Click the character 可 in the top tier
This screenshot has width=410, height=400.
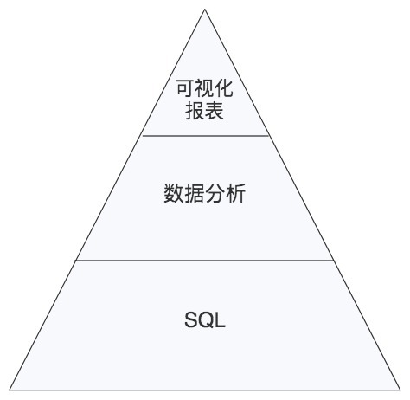point(185,88)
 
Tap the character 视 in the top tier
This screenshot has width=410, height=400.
point(204,88)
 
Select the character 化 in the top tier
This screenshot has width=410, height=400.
point(224,88)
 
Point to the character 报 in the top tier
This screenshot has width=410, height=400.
point(195,111)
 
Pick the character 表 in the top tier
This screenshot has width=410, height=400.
point(214,111)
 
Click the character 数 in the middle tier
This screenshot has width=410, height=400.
point(173,193)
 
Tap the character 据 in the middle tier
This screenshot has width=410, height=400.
point(194,193)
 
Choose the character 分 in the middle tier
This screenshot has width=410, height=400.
point(215,193)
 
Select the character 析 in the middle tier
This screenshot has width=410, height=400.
point(236,193)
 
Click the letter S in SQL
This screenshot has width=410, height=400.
point(191,319)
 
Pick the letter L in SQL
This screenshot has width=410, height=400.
point(220,319)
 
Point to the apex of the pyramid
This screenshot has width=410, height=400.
point(205,10)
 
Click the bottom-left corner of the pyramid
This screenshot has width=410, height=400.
point(10,390)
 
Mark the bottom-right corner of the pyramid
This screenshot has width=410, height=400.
point(400,390)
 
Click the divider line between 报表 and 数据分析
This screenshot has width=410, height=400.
point(206,135)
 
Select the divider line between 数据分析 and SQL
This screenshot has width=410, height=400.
point(205,261)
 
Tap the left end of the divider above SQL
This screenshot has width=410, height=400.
point(76,261)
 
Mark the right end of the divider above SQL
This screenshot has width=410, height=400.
point(334,261)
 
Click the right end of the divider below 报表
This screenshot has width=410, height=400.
point(269,135)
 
